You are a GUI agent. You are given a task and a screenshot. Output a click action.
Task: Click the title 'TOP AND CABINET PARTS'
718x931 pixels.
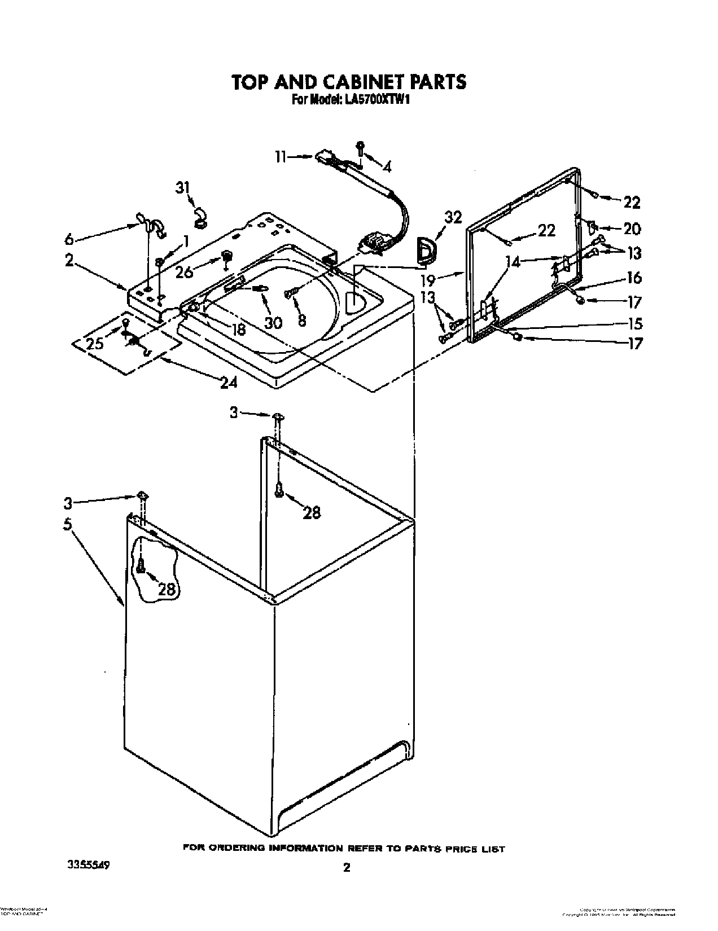click(349, 82)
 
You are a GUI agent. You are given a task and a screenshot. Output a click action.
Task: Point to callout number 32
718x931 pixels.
click(453, 217)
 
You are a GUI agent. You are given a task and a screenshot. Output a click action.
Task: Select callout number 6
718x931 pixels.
click(69, 239)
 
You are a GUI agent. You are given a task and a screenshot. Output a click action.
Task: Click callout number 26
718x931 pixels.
click(184, 272)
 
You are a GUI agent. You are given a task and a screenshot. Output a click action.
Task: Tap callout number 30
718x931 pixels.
click(273, 322)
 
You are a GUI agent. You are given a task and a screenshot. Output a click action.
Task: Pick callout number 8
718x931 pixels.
click(302, 320)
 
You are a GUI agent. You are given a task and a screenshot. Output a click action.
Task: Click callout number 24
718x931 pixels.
click(228, 383)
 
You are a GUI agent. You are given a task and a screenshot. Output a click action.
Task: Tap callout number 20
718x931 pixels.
click(632, 229)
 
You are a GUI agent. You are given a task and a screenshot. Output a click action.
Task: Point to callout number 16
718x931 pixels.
click(634, 278)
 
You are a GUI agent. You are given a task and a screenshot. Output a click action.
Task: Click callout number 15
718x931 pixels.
click(634, 324)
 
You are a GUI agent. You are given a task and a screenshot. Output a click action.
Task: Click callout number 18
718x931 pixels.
click(239, 330)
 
